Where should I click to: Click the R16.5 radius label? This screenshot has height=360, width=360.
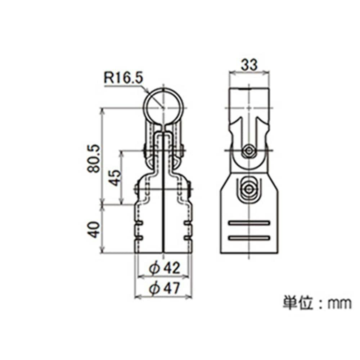point(123,78)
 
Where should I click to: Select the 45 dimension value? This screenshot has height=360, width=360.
point(114,177)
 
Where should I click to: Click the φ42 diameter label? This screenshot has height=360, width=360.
point(164,269)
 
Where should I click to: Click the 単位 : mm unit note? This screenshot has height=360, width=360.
point(317,303)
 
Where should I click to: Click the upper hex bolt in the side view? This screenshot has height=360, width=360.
point(249,151)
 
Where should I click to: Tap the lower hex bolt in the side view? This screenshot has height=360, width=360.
point(249,189)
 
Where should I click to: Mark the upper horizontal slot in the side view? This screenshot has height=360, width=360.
point(249,223)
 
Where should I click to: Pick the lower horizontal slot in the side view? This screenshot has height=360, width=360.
point(249,238)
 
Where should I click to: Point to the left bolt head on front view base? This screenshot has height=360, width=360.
point(136,189)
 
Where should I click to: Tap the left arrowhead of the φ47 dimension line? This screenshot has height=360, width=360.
point(136,297)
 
